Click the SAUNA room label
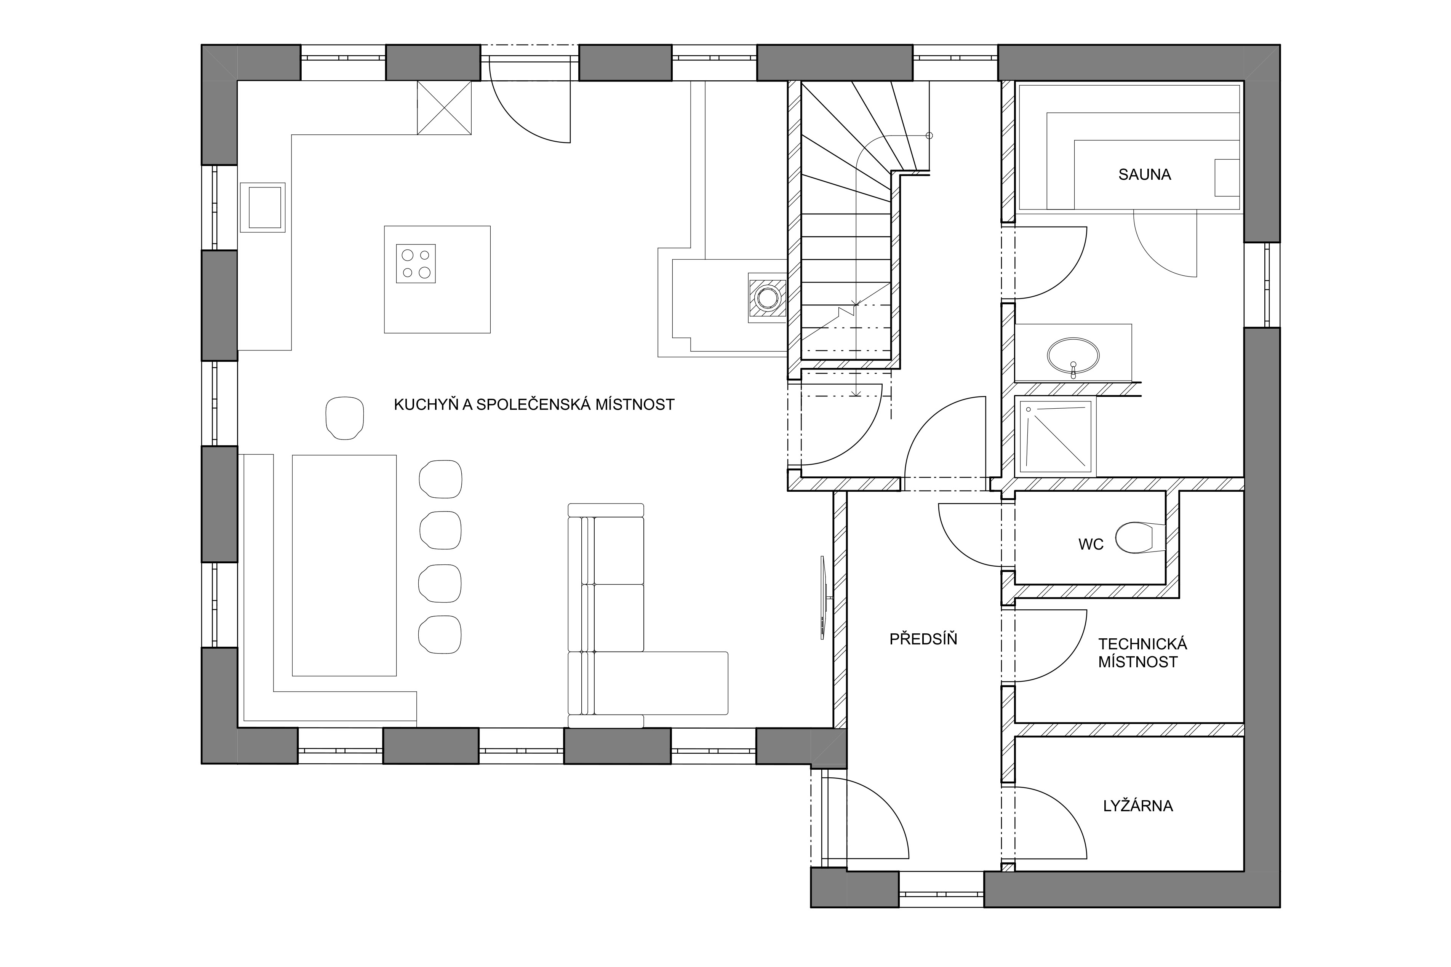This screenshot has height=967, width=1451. (x=1144, y=174)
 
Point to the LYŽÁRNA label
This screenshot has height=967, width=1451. (x=1138, y=806)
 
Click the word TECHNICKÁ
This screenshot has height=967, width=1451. (x=1142, y=644)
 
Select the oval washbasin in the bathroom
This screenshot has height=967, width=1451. (x=1073, y=356)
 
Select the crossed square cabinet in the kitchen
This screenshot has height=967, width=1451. (x=445, y=107)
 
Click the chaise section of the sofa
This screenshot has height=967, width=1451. (x=660, y=683)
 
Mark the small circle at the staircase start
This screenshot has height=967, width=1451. (x=929, y=136)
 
